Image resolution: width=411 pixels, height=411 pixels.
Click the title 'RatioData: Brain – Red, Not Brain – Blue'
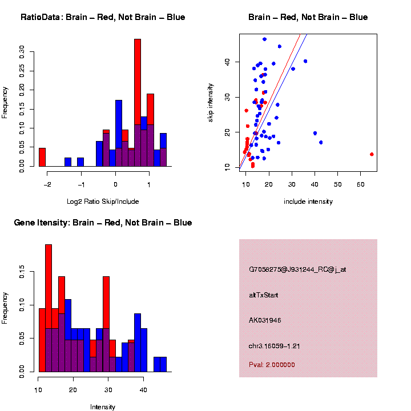point(103,17)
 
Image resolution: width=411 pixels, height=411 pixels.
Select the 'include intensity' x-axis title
point(308,201)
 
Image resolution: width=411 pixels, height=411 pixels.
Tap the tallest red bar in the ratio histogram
point(137,103)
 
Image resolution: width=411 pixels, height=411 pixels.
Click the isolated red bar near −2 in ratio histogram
point(42,157)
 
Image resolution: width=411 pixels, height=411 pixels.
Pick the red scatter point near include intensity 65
point(372,154)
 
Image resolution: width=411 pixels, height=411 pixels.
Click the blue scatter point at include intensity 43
point(321,142)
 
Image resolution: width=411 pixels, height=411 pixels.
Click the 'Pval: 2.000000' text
point(272,364)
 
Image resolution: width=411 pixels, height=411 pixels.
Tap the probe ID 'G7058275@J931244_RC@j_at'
point(297,269)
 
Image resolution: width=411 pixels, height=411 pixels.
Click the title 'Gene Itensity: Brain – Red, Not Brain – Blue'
point(103,223)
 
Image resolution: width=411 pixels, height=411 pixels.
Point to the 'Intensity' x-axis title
point(103,407)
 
